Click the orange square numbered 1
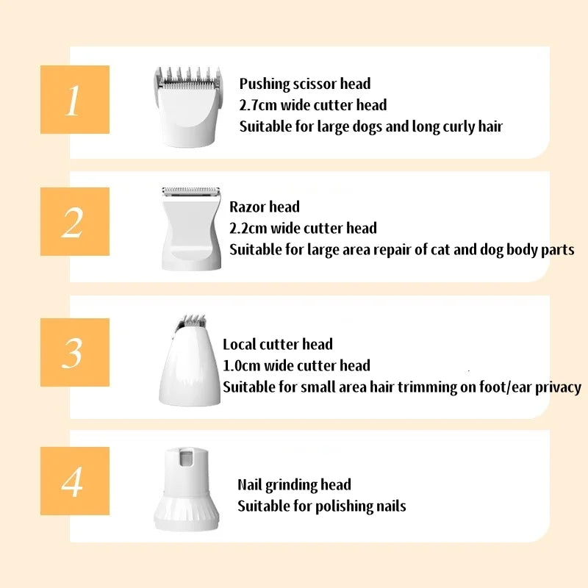pos(75,99)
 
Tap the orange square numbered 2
pos(75,221)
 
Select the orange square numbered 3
pos(75,352)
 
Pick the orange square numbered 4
pos(75,481)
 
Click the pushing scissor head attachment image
pos(187,107)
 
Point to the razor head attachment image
pos(191,229)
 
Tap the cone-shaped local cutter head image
pos(190,360)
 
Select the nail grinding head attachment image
pos(187,489)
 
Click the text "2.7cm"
pos(258,105)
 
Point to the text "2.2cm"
pos(248,228)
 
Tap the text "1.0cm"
pos(242,365)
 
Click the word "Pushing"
pos(265,84)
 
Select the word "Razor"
pos(247,207)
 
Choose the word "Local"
pos(239,344)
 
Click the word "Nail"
pos(249,484)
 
